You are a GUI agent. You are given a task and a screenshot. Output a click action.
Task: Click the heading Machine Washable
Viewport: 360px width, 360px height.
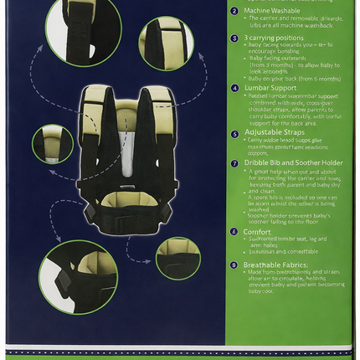pos(272,13)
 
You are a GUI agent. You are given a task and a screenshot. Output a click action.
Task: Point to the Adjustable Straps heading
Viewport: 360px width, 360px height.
pos(276,132)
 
